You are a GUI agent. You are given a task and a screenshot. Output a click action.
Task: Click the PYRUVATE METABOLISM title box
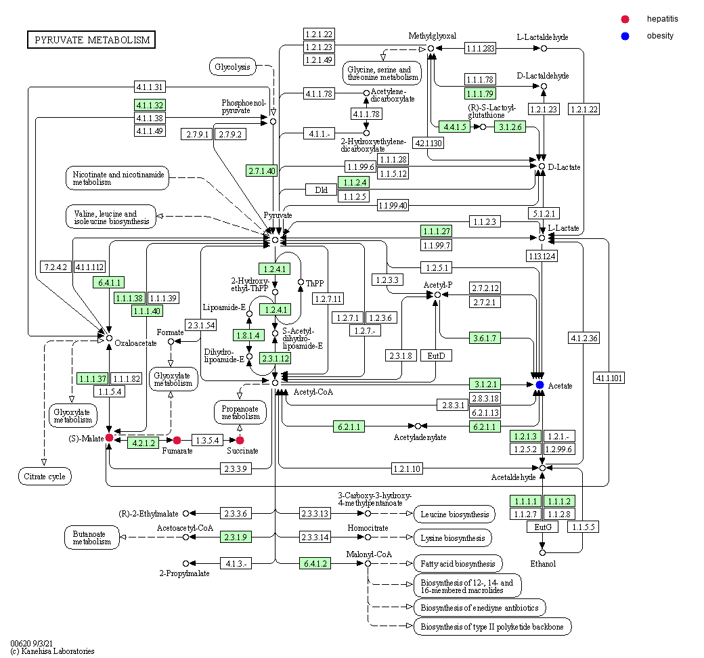tap(91, 40)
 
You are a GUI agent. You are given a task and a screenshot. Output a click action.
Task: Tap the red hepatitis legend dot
tap(625, 19)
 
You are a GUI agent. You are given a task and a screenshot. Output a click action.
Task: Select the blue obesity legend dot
tap(625, 36)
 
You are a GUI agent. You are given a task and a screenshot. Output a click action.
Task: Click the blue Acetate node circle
tap(540, 385)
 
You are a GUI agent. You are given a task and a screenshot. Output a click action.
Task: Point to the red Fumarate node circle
tap(177, 440)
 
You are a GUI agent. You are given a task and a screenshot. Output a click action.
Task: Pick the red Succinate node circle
tap(240, 440)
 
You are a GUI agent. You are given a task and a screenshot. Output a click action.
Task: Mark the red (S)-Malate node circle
tap(109, 439)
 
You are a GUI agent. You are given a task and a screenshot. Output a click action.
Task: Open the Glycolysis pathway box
tap(232, 66)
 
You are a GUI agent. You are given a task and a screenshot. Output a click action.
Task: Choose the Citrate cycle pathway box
tap(44, 477)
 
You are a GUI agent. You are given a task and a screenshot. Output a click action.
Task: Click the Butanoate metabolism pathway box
tap(92, 537)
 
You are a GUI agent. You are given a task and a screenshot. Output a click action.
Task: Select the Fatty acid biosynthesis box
tap(458, 563)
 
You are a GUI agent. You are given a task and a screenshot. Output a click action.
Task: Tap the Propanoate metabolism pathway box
tap(240, 412)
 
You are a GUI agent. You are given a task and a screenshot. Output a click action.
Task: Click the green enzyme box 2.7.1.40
tap(261, 171)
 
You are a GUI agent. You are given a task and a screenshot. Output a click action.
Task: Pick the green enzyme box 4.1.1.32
tap(150, 105)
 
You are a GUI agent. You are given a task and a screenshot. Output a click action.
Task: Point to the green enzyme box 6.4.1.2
tap(315, 563)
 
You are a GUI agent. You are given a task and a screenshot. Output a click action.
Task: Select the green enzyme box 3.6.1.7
tap(485, 338)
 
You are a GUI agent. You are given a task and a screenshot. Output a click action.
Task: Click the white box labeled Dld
tap(322, 190)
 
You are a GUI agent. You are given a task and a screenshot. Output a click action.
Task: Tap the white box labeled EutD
tap(436, 355)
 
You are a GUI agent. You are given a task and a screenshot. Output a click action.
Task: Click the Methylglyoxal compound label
tap(432, 36)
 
